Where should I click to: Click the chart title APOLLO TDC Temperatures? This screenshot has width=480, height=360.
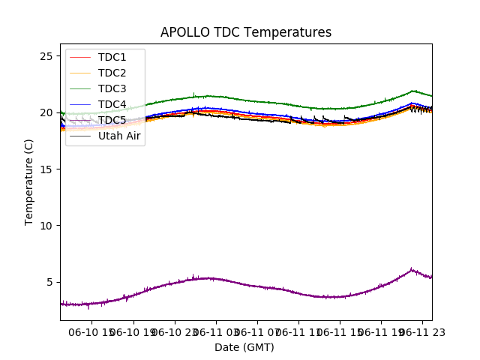click(x=245, y=32)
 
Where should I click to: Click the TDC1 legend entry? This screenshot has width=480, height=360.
click(x=112, y=58)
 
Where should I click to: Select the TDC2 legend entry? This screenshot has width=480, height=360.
click(x=112, y=73)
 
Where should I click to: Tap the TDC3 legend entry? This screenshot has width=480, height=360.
click(x=112, y=89)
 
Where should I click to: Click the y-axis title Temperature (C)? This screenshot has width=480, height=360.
click(x=29, y=181)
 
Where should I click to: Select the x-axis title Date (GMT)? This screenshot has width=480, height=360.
click(x=244, y=347)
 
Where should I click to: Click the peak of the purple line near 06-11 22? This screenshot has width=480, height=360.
click(x=411, y=269)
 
